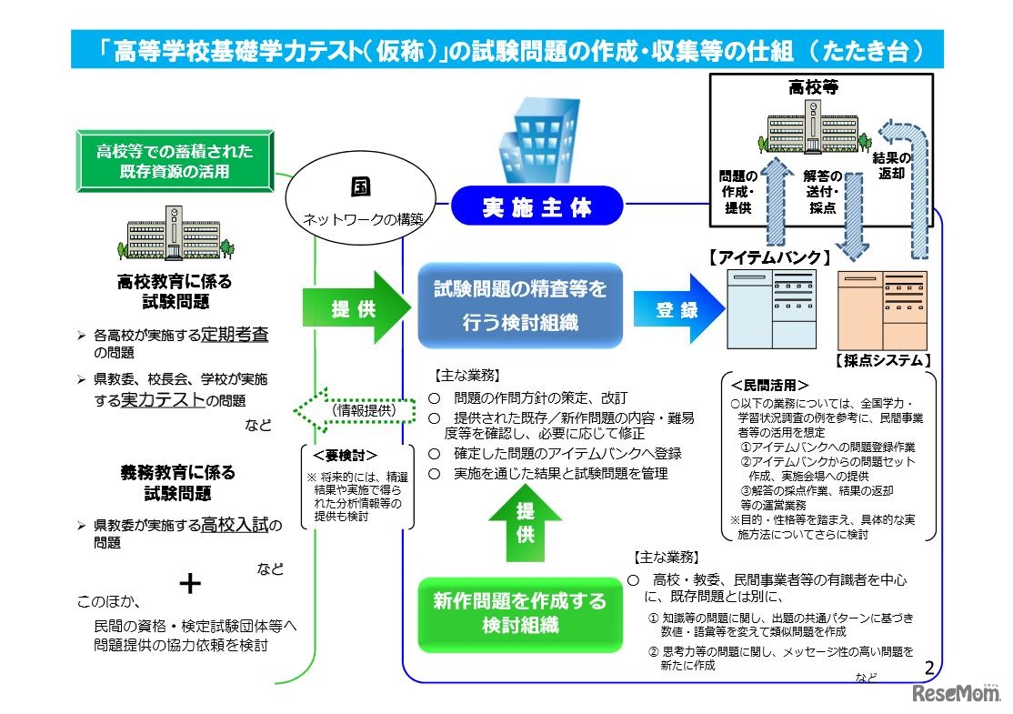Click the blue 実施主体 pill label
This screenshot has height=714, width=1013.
(537, 207)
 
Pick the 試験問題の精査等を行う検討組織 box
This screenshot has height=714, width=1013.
(519, 307)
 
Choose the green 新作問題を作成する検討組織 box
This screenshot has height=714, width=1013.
(519, 612)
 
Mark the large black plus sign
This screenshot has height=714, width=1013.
(189, 583)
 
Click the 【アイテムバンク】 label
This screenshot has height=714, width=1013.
(768, 258)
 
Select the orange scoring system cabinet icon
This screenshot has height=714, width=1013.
(883, 310)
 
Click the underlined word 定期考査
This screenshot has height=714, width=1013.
(235, 334)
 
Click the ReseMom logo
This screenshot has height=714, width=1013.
(953, 693)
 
